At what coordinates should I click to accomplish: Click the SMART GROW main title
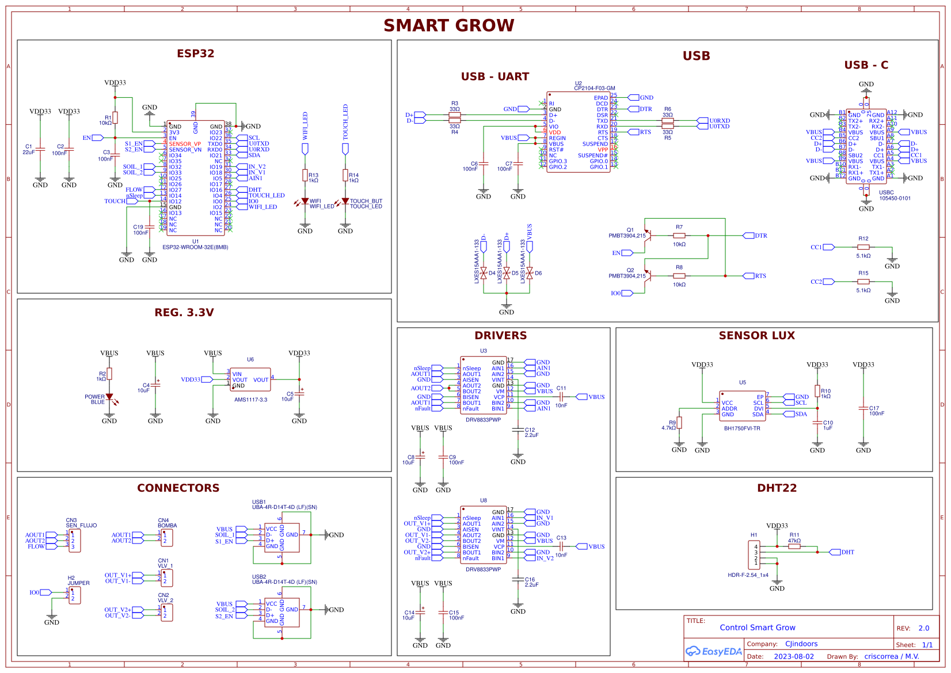pyautogui.click(x=448, y=26)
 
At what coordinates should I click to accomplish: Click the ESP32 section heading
pyautogui.click(x=195, y=54)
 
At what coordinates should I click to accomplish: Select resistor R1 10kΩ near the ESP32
pyautogui.click(x=115, y=118)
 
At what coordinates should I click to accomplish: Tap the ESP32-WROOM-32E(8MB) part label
pyautogui.click(x=195, y=248)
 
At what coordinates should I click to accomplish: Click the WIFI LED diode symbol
pyautogui.click(x=305, y=201)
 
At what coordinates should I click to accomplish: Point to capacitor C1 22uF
pyautogui.click(x=40, y=150)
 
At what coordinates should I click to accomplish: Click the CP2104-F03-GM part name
pyautogui.click(x=595, y=89)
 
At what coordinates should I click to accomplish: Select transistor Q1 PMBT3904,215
pyautogui.click(x=647, y=235)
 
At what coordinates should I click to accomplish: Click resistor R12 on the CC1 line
pyautogui.click(x=863, y=247)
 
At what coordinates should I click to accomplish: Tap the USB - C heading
pyautogui.click(x=866, y=65)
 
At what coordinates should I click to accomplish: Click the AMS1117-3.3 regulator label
pyautogui.click(x=250, y=400)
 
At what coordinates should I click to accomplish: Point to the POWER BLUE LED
pyautogui.click(x=109, y=397)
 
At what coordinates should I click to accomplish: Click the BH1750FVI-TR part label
pyautogui.click(x=742, y=428)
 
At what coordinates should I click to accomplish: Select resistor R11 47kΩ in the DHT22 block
pyautogui.click(x=794, y=546)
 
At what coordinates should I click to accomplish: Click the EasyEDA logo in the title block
pyautogui.click(x=713, y=652)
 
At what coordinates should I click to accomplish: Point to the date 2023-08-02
pyautogui.click(x=793, y=656)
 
